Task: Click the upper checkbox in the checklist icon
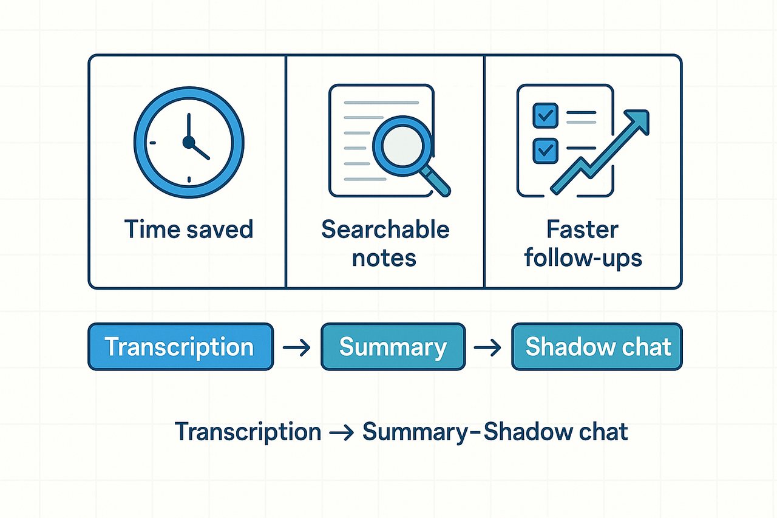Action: [545, 114]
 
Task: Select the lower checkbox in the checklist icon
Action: [545, 149]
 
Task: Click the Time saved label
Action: [188, 230]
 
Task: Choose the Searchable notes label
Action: [385, 244]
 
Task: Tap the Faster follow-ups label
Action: [583, 244]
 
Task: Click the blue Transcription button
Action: [180, 347]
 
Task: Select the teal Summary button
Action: [393, 347]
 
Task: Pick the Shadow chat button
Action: [597, 347]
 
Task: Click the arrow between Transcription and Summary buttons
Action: [297, 348]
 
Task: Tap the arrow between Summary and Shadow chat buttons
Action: [487, 348]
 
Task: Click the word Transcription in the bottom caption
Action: [248, 432]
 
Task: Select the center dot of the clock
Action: [189, 142]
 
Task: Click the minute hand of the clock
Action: [189, 126]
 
